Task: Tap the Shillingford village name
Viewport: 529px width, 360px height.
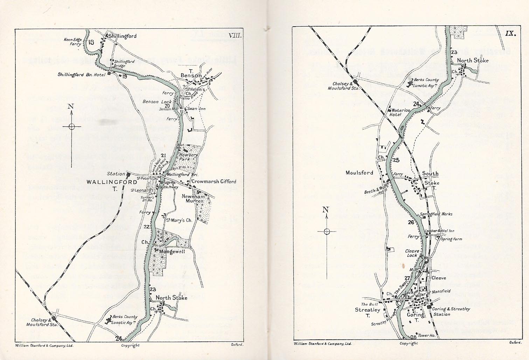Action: tap(122, 36)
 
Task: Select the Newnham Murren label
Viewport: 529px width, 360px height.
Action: tap(193, 199)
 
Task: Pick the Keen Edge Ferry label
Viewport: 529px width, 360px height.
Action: tap(72, 42)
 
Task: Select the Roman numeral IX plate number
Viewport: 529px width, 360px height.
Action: tap(509, 34)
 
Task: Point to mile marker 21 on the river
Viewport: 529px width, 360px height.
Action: tap(163, 155)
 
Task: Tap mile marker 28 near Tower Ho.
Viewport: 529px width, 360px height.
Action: tap(413, 337)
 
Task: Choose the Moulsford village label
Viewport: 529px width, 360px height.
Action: tap(359, 173)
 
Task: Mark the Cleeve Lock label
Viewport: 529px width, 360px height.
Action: tap(412, 253)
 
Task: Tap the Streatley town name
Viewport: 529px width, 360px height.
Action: tap(367, 310)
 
